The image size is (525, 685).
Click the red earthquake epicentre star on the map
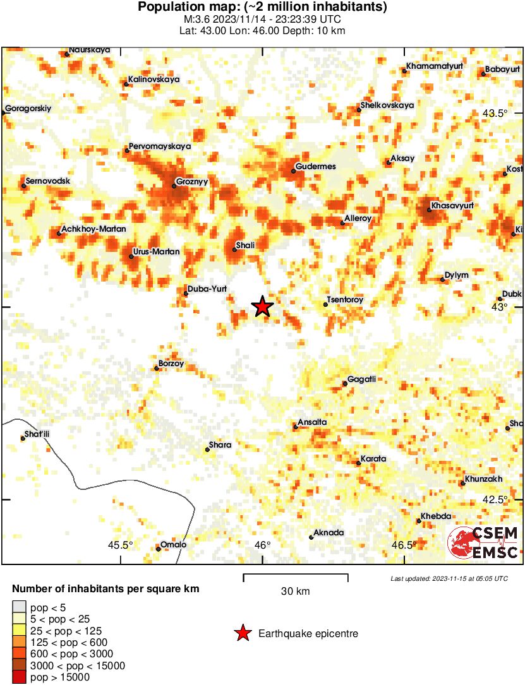(x=262, y=307)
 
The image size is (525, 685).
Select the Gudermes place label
(x=317, y=167)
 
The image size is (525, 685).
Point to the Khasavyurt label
(x=453, y=206)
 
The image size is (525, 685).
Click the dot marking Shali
(x=234, y=250)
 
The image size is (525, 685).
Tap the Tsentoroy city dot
(x=325, y=304)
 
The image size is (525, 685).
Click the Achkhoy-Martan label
(x=94, y=229)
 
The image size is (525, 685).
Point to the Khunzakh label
(x=483, y=479)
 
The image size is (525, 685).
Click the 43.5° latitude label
(x=495, y=114)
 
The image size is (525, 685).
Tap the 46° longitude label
(x=262, y=545)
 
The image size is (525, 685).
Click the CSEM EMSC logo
(x=483, y=543)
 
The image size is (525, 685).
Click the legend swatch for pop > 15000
(x=20, y=677)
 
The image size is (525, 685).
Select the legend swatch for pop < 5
(x=20, y=607)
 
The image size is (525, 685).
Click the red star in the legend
(x=242, y=633)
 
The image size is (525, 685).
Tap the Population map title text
(x=262, y=8)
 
